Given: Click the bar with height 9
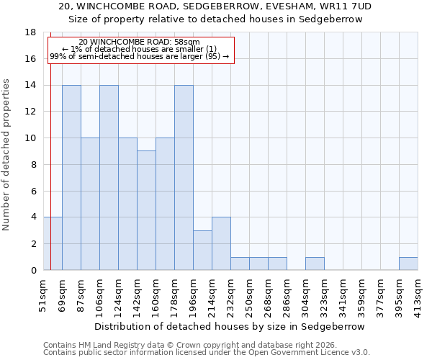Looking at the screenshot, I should click(146, 210).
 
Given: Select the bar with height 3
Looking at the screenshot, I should click(202, 250).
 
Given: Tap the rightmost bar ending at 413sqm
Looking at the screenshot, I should click(408, 264).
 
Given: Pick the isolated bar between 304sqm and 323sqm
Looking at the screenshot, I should click(315, 264).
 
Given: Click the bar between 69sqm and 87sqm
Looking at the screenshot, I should click(71, 177).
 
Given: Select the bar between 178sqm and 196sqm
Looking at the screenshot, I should click(184, 177).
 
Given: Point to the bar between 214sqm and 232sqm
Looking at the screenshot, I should click(221, 243).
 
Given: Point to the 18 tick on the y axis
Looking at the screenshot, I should click(30, 32).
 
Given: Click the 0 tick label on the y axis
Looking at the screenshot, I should click(33, 270).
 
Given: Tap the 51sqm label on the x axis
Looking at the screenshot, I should click(44, 294).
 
